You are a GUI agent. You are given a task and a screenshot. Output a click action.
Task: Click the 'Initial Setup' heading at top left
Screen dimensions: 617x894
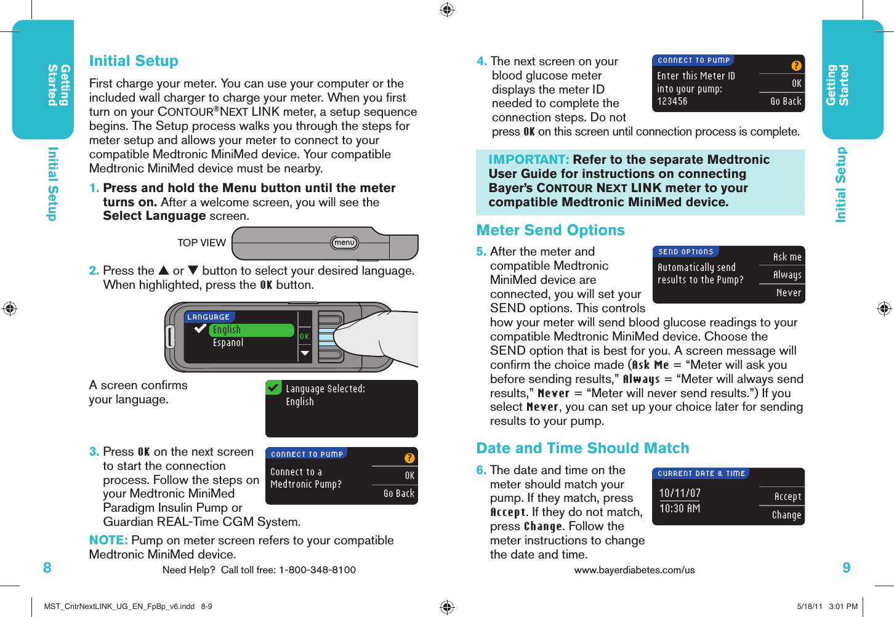tap(134, 61)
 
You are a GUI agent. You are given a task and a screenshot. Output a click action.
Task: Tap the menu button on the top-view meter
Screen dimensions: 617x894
tap(344, 243)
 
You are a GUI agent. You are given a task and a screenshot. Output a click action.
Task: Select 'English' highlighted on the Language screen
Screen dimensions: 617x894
tap(227, 330)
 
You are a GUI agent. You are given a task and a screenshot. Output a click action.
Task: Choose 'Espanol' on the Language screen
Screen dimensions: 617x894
tap(228, 343)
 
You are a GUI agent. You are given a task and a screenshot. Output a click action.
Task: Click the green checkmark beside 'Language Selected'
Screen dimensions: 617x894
tap(273, 388)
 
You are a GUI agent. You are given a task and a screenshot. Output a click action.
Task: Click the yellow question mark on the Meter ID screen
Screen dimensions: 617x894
tap(796, 66)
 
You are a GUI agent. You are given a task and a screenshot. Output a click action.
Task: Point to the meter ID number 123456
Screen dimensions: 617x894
tap(672, 102)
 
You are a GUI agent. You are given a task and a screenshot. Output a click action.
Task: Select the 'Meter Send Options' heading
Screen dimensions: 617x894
tap(550, 230)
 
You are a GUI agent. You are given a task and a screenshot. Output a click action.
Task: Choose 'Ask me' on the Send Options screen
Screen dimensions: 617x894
tap(787, 257)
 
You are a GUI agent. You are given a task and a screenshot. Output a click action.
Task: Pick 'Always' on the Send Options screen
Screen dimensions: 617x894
tap(787, 275)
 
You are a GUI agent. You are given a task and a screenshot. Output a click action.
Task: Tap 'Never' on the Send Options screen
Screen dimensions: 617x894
tap(789, 293)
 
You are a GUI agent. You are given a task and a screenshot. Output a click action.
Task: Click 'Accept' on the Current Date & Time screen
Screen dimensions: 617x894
tap(787, 497)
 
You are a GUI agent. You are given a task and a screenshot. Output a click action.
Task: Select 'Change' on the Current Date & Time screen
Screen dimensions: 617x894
tap(787, 515)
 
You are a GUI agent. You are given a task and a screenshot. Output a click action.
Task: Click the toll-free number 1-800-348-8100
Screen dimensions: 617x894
tap(317, 570)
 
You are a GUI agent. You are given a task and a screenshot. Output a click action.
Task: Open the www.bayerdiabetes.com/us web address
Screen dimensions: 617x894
tap(634, 570)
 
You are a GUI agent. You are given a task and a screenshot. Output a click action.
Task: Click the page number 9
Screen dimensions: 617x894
tap(847, 568)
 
